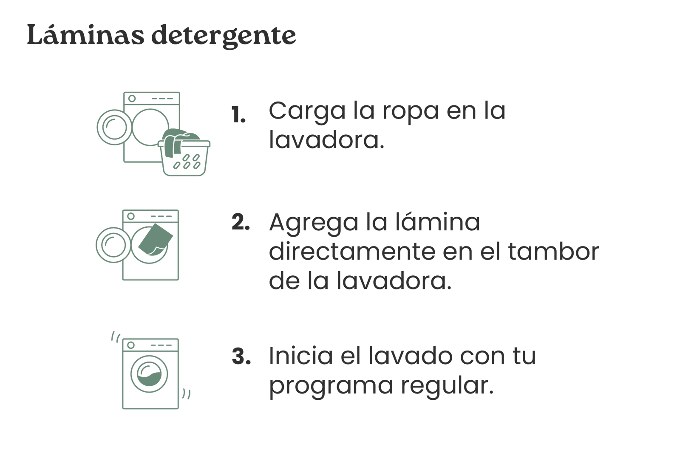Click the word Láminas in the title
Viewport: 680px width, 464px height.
pos(85,34)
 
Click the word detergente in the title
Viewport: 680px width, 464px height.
pos(224,37)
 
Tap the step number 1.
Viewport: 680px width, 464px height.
pos(238,115)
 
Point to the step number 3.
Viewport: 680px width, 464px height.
pos(241,356)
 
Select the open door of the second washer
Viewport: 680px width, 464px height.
pos(113,245)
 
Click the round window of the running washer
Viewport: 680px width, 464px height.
pos(149,374)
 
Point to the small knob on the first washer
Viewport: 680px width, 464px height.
pos(132,98)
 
